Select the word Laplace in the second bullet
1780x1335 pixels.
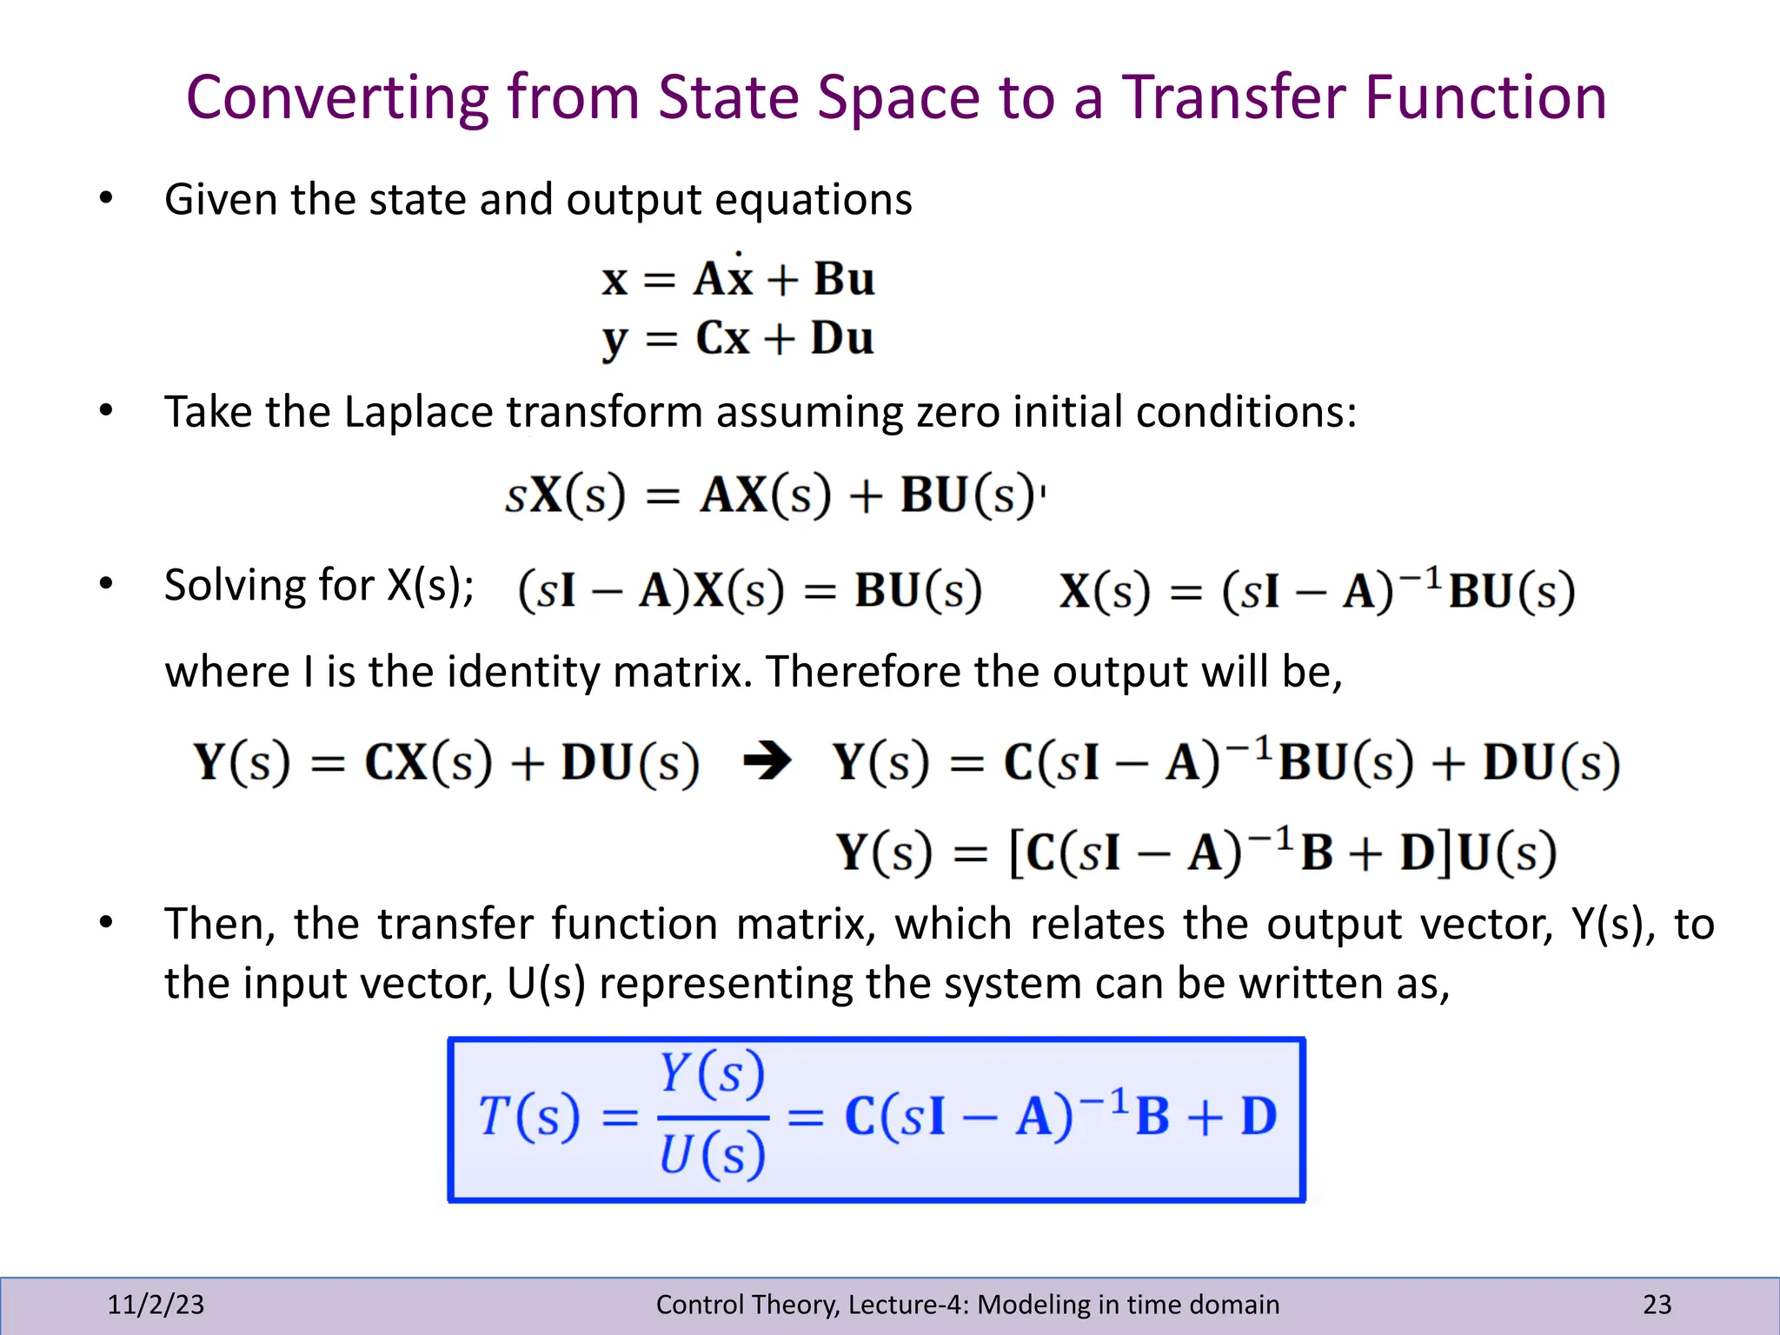(418, 412)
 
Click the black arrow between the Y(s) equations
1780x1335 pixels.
(767, 762)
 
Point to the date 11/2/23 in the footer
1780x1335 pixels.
(156, 1304)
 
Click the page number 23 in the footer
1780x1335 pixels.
(1657, 1304)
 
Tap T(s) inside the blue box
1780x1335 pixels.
(529, 1117)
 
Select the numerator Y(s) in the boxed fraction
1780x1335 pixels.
(712, 1073)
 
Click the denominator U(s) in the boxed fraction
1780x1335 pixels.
(712, 1156)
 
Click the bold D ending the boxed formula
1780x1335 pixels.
(1259, 1117)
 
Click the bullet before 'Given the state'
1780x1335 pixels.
(106, 198)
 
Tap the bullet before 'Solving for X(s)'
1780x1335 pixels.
(106, 583)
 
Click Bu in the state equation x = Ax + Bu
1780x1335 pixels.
(844, 280)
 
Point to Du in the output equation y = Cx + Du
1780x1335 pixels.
(842, 338)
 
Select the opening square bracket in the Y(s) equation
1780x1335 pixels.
(1016, 853)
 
